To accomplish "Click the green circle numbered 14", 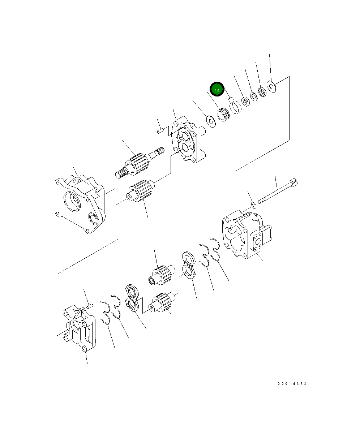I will coord(217,90).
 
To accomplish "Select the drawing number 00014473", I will coord(292,383).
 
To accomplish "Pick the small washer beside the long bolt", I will coord(254,205).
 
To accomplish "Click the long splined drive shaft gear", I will coord(137,164).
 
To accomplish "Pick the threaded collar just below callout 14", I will coord(223,115).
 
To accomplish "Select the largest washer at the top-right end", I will coord(271,86).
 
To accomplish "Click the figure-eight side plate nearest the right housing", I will coord(189,265).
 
